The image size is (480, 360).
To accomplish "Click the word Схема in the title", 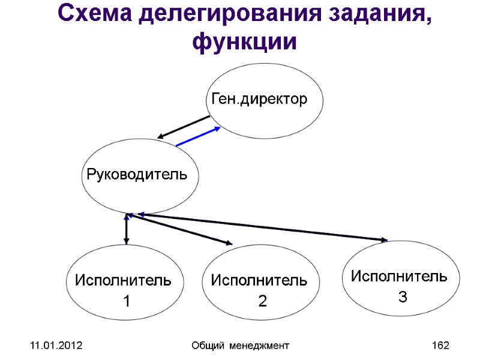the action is tap(94, 14).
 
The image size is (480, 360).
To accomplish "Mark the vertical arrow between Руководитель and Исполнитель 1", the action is tap(126, 229).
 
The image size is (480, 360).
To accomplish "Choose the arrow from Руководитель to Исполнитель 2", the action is tap(180, 229).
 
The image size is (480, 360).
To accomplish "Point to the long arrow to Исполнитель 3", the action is tap(264, 228).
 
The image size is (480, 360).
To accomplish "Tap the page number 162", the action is tap(440, 346).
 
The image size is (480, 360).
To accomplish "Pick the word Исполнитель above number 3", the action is tap(399, 277).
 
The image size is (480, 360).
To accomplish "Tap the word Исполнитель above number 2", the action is tap(259, 280).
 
